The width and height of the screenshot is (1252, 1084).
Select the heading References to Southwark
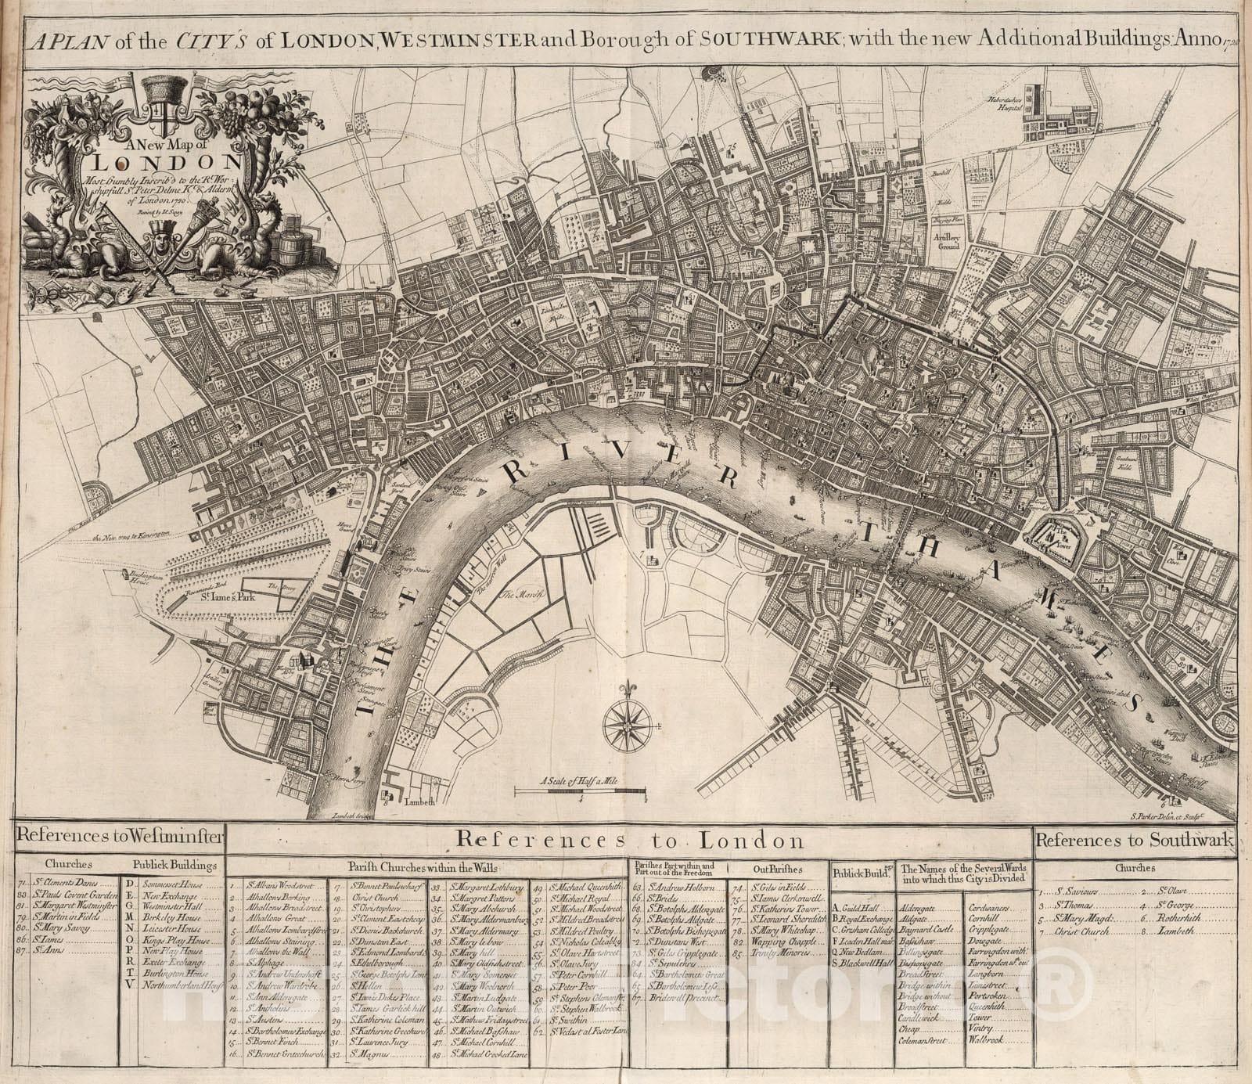[x=1135, y=841]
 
